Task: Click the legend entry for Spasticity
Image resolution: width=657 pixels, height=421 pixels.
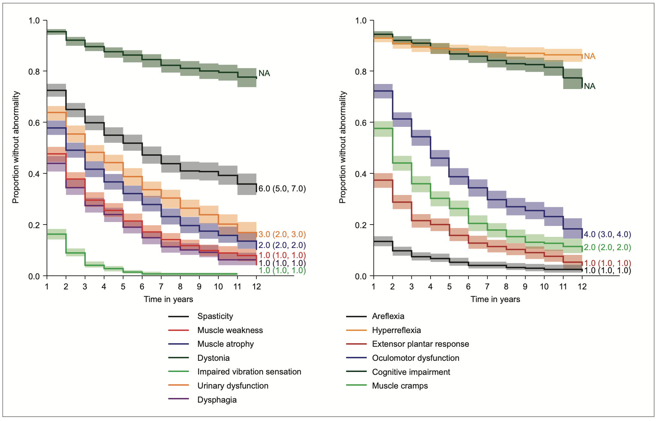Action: point(215,316)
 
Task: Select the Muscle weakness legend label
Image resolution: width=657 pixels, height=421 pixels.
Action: point(230,330)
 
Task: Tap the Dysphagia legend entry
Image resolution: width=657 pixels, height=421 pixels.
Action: point(217,400)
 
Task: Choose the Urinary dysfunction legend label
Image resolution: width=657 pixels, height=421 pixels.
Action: point(233,386)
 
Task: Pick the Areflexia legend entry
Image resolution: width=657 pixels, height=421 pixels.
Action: point(388,316)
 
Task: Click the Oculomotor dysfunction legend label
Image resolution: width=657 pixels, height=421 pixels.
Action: point(415,358)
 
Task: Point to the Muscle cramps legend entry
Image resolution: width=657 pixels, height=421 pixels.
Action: point(400,386)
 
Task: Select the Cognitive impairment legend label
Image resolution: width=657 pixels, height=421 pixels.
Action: point(411,372)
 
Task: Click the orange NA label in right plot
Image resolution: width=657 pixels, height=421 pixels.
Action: point(590,56)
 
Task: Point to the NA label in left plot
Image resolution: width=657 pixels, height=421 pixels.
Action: point(264,73)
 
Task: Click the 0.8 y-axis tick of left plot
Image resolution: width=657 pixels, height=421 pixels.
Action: point(34,71)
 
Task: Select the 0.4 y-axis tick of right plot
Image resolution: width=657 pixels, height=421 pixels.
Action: point(361,174)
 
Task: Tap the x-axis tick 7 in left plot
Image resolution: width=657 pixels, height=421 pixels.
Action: point(161,287)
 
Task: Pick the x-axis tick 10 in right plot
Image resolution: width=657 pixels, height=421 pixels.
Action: point(544,287)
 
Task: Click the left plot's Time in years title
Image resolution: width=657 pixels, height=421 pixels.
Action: point(168,299)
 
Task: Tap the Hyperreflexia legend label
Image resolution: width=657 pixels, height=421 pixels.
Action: point(396,330)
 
